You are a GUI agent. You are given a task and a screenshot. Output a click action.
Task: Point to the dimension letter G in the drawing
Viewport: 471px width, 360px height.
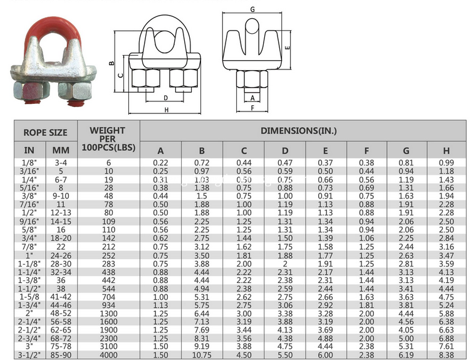point(252,9)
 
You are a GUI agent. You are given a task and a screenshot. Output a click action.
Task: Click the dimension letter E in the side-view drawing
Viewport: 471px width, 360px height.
point(287,48)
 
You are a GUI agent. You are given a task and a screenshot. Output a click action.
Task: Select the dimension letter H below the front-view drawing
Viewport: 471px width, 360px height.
point(167,110)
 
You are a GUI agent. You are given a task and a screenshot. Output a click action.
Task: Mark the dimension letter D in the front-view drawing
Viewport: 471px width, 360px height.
point(165,98)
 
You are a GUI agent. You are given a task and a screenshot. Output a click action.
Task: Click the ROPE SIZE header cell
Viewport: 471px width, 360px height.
point(45,132)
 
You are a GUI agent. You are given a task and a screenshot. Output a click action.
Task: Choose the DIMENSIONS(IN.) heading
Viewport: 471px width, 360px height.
point(299,131)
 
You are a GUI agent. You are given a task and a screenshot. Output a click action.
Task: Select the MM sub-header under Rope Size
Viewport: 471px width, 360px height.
point(61,150)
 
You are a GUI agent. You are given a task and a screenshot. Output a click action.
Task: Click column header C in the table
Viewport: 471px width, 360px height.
point(243,150)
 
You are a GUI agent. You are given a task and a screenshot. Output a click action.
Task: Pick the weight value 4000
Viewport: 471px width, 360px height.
point(108,354)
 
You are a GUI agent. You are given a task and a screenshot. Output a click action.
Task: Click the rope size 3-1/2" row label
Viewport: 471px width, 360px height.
point(29,354)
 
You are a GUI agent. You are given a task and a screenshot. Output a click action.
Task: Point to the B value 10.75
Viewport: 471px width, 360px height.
point(202,354)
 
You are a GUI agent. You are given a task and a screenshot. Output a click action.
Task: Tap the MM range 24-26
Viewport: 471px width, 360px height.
point(61,257)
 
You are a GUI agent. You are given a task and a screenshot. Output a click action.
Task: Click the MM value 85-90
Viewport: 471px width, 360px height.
point(61,354)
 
